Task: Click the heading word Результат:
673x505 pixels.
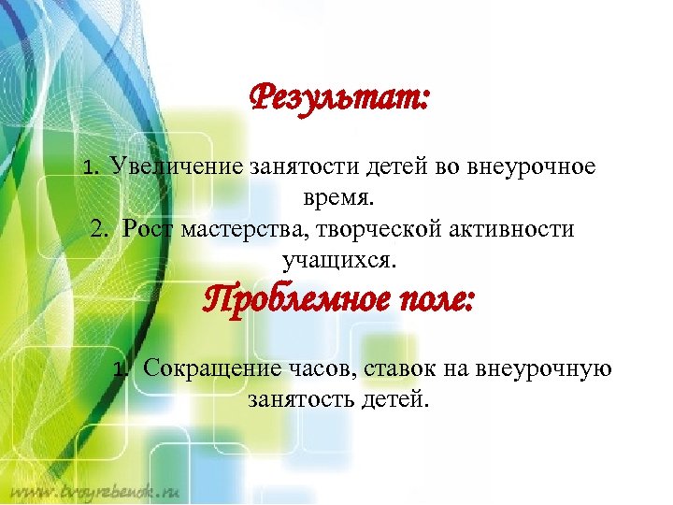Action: click(339, 96)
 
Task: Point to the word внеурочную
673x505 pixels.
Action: click(548, 369)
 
